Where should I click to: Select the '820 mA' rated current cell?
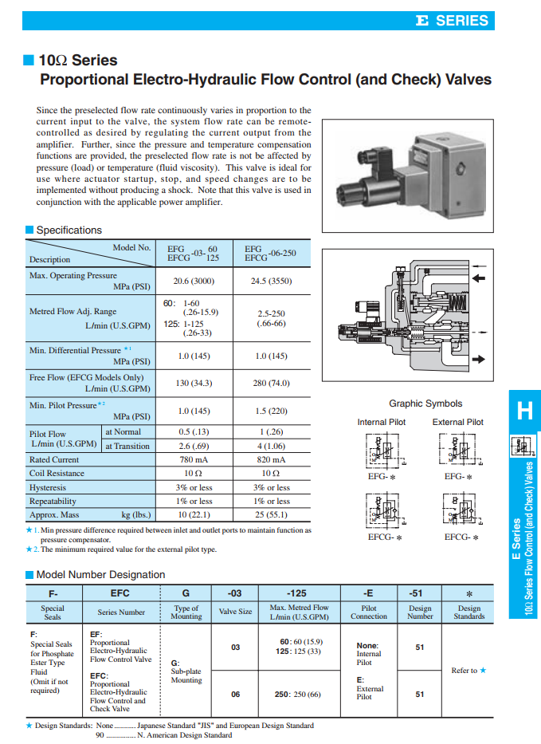[x=271, y=459]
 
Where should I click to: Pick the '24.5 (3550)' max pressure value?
[x=271, y=281]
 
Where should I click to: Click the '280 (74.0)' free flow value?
[x=271, y=383]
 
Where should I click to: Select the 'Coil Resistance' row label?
[x=58, y=474]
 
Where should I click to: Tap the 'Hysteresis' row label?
[x=48, y=487]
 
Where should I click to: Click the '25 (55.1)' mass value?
[x=271, y=515]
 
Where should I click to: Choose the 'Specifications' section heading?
[x=69, y=230]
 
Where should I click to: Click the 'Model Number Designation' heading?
[x=100, y=574]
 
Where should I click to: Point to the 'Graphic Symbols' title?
[x=425, y=403]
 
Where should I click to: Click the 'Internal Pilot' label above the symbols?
[x=382, y=422]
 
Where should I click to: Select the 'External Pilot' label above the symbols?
[x=458, y=422]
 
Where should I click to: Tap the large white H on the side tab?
[x=524, y=411]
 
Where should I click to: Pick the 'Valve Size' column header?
[x=235, y=612]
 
